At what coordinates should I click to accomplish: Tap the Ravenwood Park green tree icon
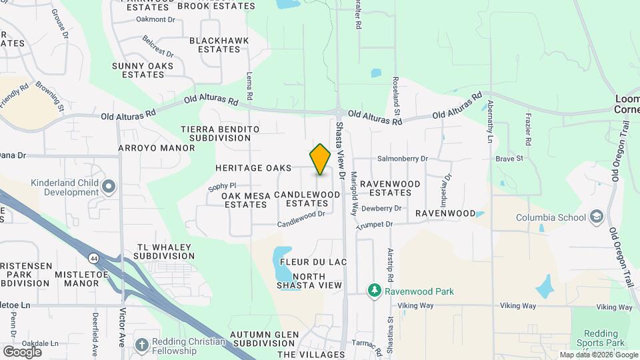click(x=375, y=291)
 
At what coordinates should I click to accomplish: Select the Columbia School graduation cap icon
click(x=597, y=217)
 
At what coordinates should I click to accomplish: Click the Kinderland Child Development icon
click(x=109, y=186)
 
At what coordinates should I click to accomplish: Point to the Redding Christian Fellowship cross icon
click(x=141, y=345)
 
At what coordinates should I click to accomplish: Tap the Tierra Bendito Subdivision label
click(x=219, y=133)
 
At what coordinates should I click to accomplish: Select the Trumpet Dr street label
click(x=375, y=226)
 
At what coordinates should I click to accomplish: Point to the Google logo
click(x=22, y=351)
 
